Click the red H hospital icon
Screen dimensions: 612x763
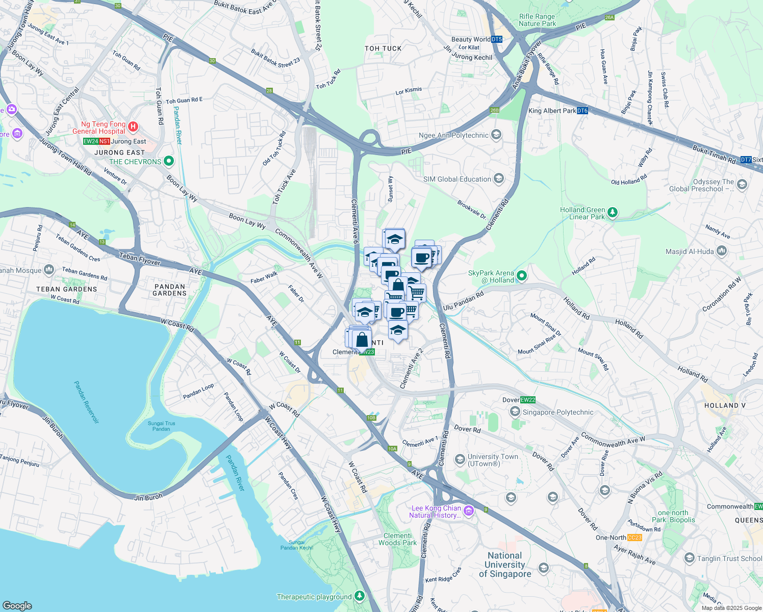(x=133, y=126)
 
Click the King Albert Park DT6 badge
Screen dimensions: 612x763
(x=582, y=111)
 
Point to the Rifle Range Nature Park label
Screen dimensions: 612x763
(x=537, y=20)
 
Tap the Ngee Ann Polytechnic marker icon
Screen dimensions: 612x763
(x=496, y=135)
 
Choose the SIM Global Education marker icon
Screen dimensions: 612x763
(x=499, y=178)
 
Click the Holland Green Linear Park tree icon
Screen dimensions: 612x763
(x=613, y=212)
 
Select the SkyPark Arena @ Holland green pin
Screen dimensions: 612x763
(x=521, y=276)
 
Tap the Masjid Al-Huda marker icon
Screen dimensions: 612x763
(x=721, y=251)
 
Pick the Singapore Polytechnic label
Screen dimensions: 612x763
(x=558, y=412)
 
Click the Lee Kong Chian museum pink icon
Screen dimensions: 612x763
(x=469, y=510)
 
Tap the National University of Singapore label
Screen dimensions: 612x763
(x=505, y=565)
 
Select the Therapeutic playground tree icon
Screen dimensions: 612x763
(x=360, y=596)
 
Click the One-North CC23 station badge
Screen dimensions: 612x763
(x=634, y=538)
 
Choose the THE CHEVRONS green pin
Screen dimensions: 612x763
(x=168, y=161)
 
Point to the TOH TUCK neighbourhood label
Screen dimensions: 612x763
(x=383, y=48)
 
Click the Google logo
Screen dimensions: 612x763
(x=17, y=605)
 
